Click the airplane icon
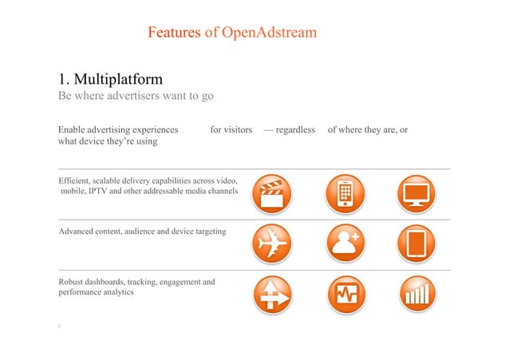click(x=272, y=243)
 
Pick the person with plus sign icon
click(x=345, y=243)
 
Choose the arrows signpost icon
click(x=272, y=295)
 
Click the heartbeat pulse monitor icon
click(x=345, y=295)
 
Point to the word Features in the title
click(x=174, y=33)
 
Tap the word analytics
click(x=116, y=293)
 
